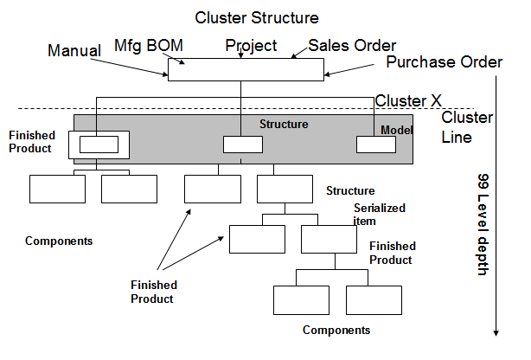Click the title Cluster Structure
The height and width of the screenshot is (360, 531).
point(256,17)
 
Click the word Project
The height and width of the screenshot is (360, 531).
point(251,46)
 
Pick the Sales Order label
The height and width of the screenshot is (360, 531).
point(352,46)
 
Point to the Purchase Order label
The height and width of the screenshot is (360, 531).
point(444,62)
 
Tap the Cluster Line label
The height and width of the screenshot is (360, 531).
point(467,127)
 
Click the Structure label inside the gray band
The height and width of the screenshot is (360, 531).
point(284,125)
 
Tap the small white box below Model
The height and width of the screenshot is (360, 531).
point(376,145)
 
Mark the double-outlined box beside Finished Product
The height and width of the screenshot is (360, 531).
point(99,145)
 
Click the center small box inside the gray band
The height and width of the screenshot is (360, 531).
point(243,145)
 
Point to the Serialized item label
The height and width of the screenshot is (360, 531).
point(379,214)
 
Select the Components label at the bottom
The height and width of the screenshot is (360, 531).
point(336,330)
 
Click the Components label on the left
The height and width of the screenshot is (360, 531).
point(59,240)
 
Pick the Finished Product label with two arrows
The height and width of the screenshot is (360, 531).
point(154,292)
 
